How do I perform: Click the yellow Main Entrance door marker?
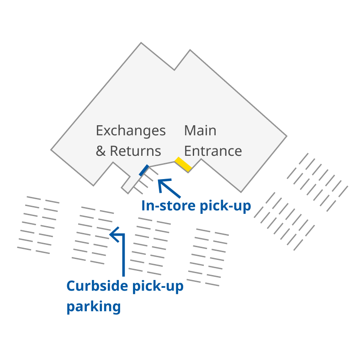(x=183, y=164)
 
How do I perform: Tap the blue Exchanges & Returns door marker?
(x=144, y=170)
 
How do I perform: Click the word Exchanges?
(x=131, y=131)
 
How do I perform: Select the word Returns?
(x=135, y=151)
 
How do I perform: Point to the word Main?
(x=200, y=131)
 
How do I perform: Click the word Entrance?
(x=213, y=151)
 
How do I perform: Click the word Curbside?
(x=97, y=286)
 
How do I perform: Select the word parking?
(x=94, y=307)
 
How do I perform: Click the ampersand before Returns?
(x=101, y=151)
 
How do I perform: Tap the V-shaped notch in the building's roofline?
(x=174, y=69)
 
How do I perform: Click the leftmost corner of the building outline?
(x=52, y=149)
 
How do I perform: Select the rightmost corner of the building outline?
(x=286, y=136)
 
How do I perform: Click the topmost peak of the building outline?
(x=141, y=43)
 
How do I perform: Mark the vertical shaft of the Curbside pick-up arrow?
(x=123, y=256)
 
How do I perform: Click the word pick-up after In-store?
(x=226, y=206)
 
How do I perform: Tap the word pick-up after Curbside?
(x=158, y=286)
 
